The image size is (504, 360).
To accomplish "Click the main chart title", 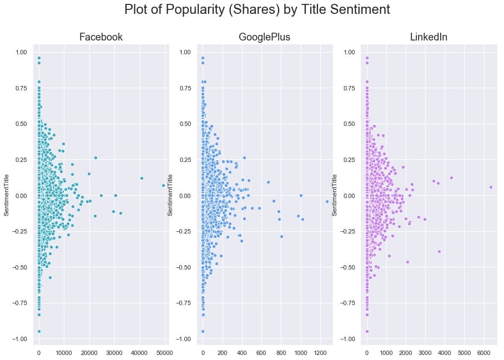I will click(x=257, y=10).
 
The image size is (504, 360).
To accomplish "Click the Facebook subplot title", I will click(x=101, y=38).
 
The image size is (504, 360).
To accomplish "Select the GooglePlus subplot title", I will click(x=265, y=38).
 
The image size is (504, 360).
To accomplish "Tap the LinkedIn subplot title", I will click(x=429, y=38).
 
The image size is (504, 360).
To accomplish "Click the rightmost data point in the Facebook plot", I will click(x=163, y=185).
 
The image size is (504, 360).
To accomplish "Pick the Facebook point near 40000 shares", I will click(x=142, y=178).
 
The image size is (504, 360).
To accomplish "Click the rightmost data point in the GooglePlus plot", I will click(x=327, y=201).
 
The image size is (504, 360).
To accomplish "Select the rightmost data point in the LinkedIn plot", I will click(x=491, y=187).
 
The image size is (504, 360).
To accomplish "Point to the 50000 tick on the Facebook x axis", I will click(x=164, y=352).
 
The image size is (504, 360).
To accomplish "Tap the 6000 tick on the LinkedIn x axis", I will click(x=484, y=352).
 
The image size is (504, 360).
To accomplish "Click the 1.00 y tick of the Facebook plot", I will click(x=21, y=53).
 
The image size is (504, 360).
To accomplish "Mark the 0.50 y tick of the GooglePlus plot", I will click(x=184, y=124).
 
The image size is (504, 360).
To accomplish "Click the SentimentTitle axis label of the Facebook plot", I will click(x=6, y=195).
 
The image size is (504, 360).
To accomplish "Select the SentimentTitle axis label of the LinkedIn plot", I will click(x=335, y=195).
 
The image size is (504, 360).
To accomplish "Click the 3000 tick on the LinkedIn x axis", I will click(x=425, y=352).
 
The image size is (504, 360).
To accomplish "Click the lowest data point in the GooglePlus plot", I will click(x=203, y=331).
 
